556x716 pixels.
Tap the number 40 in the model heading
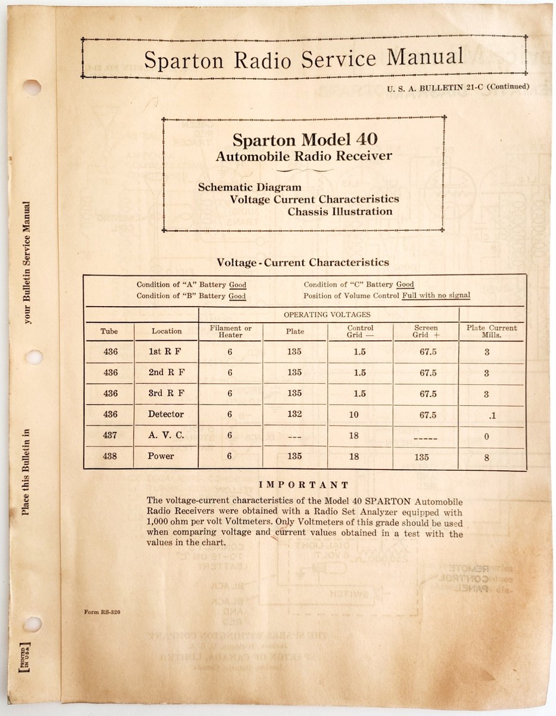point(366,139)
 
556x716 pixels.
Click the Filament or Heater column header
point(231,331)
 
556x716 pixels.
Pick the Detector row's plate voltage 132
point(294,415)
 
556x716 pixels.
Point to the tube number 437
point(110,436)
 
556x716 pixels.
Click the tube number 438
point(110,456)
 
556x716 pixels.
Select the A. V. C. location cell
point(166,436)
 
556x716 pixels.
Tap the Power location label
point(161,456)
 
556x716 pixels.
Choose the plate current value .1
point(486,415)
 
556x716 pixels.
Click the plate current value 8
point(487,458)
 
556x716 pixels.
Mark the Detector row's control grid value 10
point(354,415)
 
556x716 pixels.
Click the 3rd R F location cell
point(166,394)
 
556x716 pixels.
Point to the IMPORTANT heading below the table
point(305,485)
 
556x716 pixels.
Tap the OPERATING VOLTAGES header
point(327,314)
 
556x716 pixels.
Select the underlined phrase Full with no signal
point(436,295)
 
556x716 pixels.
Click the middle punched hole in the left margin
point(33,357)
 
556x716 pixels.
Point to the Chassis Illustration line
point(340,211)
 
